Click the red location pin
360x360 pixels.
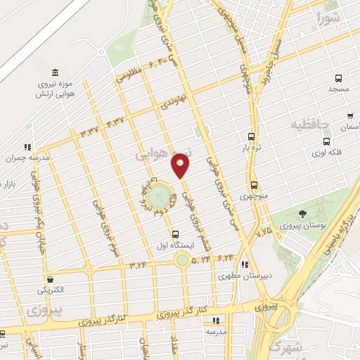pyautogui.click(x=181, y=165)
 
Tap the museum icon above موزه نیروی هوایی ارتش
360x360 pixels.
pyautogui.click(x=55, y=72)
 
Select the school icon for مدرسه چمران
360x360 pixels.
pyautogui.click(x=27, y=147)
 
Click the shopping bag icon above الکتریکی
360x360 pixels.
pyautogui.click(x=49, y=279)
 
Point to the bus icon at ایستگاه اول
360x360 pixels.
pyautogui.click(x=175, y=234)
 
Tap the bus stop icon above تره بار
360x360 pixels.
pyautogui.click(x=252, y=137)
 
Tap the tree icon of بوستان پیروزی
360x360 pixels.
pyautogui.click(x=303, y=214)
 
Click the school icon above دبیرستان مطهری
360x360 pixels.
pyautogui.click(x=244, y=264)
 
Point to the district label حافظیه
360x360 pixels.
pyautogui.click(x=311, y=124)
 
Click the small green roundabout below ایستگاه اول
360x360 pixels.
pyautogui.click(x=182, y=261)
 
